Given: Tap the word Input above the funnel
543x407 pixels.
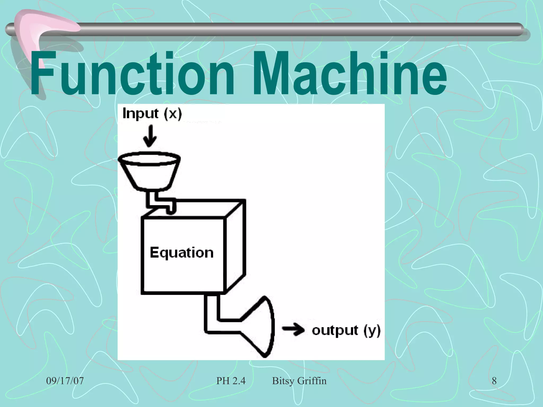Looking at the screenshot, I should [x=141, y=114].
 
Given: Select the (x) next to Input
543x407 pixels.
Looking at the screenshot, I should [x=173, y=114].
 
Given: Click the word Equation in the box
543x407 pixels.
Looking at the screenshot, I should [x=182, y=253].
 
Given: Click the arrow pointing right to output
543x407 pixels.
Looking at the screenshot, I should [x=293, y=330].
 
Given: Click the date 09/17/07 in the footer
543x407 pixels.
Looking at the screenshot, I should [x=65, y=381].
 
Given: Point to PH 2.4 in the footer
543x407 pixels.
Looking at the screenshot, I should [x=231, y=381].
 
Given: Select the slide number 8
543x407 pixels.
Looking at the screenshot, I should [x=494, y=381].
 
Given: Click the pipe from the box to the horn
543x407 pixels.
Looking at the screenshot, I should [x=212, y=315].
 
